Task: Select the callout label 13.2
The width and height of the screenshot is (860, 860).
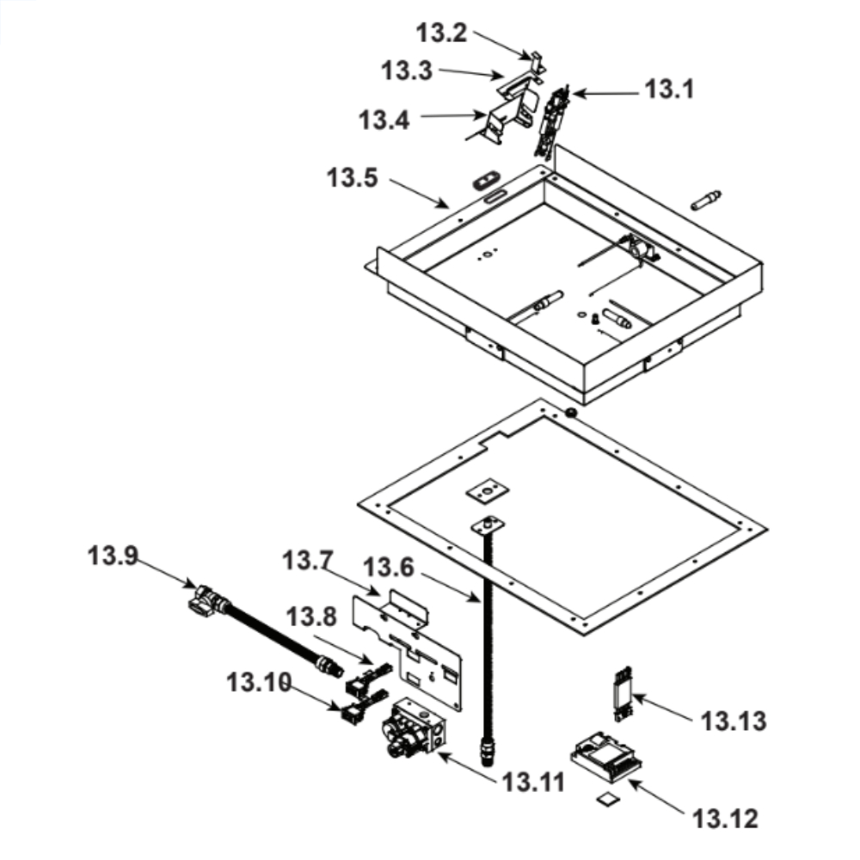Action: click(x=442, y=34)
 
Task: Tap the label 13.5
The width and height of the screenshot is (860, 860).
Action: click(x=353, y=180)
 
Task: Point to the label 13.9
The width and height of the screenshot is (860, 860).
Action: click(x=112, y=557)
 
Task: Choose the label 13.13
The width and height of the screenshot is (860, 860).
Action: click(x=733, y=721)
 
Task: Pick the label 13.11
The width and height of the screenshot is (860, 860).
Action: click(x=533, y=783)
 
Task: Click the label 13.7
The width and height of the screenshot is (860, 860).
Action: click(x=308, y=562)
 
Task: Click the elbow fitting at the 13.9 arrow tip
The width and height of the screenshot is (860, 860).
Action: click(x=204, y=599)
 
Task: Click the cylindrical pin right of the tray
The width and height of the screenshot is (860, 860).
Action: click(x=706, y=200)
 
